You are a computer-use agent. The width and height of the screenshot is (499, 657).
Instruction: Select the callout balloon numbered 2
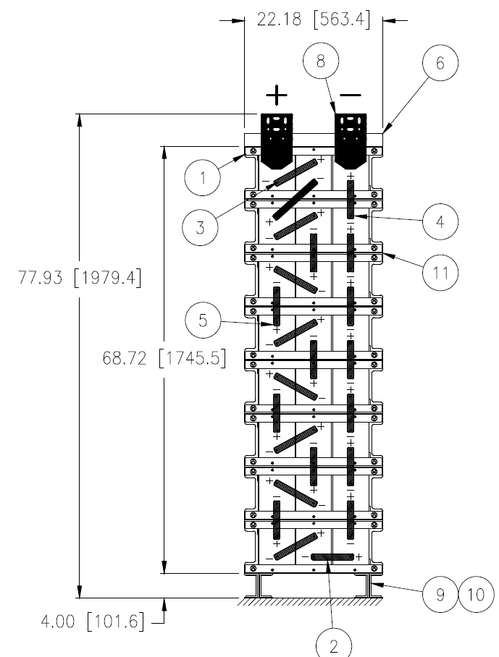pyautogui.click(x=335, y=644)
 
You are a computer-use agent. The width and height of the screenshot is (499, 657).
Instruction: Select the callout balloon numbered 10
pyautogui.click(x=474, y=595)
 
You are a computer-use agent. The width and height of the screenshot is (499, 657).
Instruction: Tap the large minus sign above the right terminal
pyautogui.click(x=351, y=95)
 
